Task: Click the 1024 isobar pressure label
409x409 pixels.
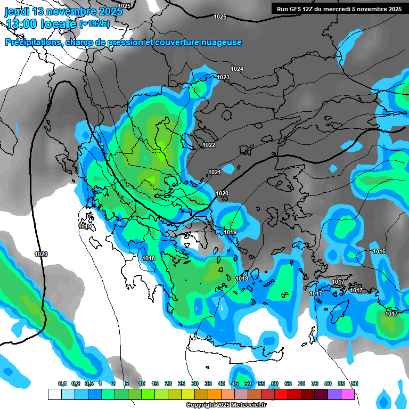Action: [x=237, y=69]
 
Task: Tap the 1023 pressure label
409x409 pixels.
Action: [x=223, y=78]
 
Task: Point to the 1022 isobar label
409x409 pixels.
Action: [x=209, y=145]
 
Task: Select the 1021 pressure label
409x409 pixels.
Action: [x=215, y=172]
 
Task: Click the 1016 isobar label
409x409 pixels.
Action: [x=379, y=251]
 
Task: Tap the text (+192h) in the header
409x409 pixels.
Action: [x=94, y=24]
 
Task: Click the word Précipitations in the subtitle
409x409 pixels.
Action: [x=32, y=43]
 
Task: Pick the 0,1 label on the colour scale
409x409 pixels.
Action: [x=62, y=384]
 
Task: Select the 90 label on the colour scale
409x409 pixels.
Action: [x=355, y=384]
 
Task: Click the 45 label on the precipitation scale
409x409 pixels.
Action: [x=235, y=384]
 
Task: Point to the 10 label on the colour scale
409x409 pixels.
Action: [x=142, y=384]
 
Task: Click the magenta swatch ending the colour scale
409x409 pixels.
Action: [x=348, y=394]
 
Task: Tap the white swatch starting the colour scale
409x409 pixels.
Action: [x=54, y=394]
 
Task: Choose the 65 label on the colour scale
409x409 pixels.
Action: [x=288, y=384]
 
